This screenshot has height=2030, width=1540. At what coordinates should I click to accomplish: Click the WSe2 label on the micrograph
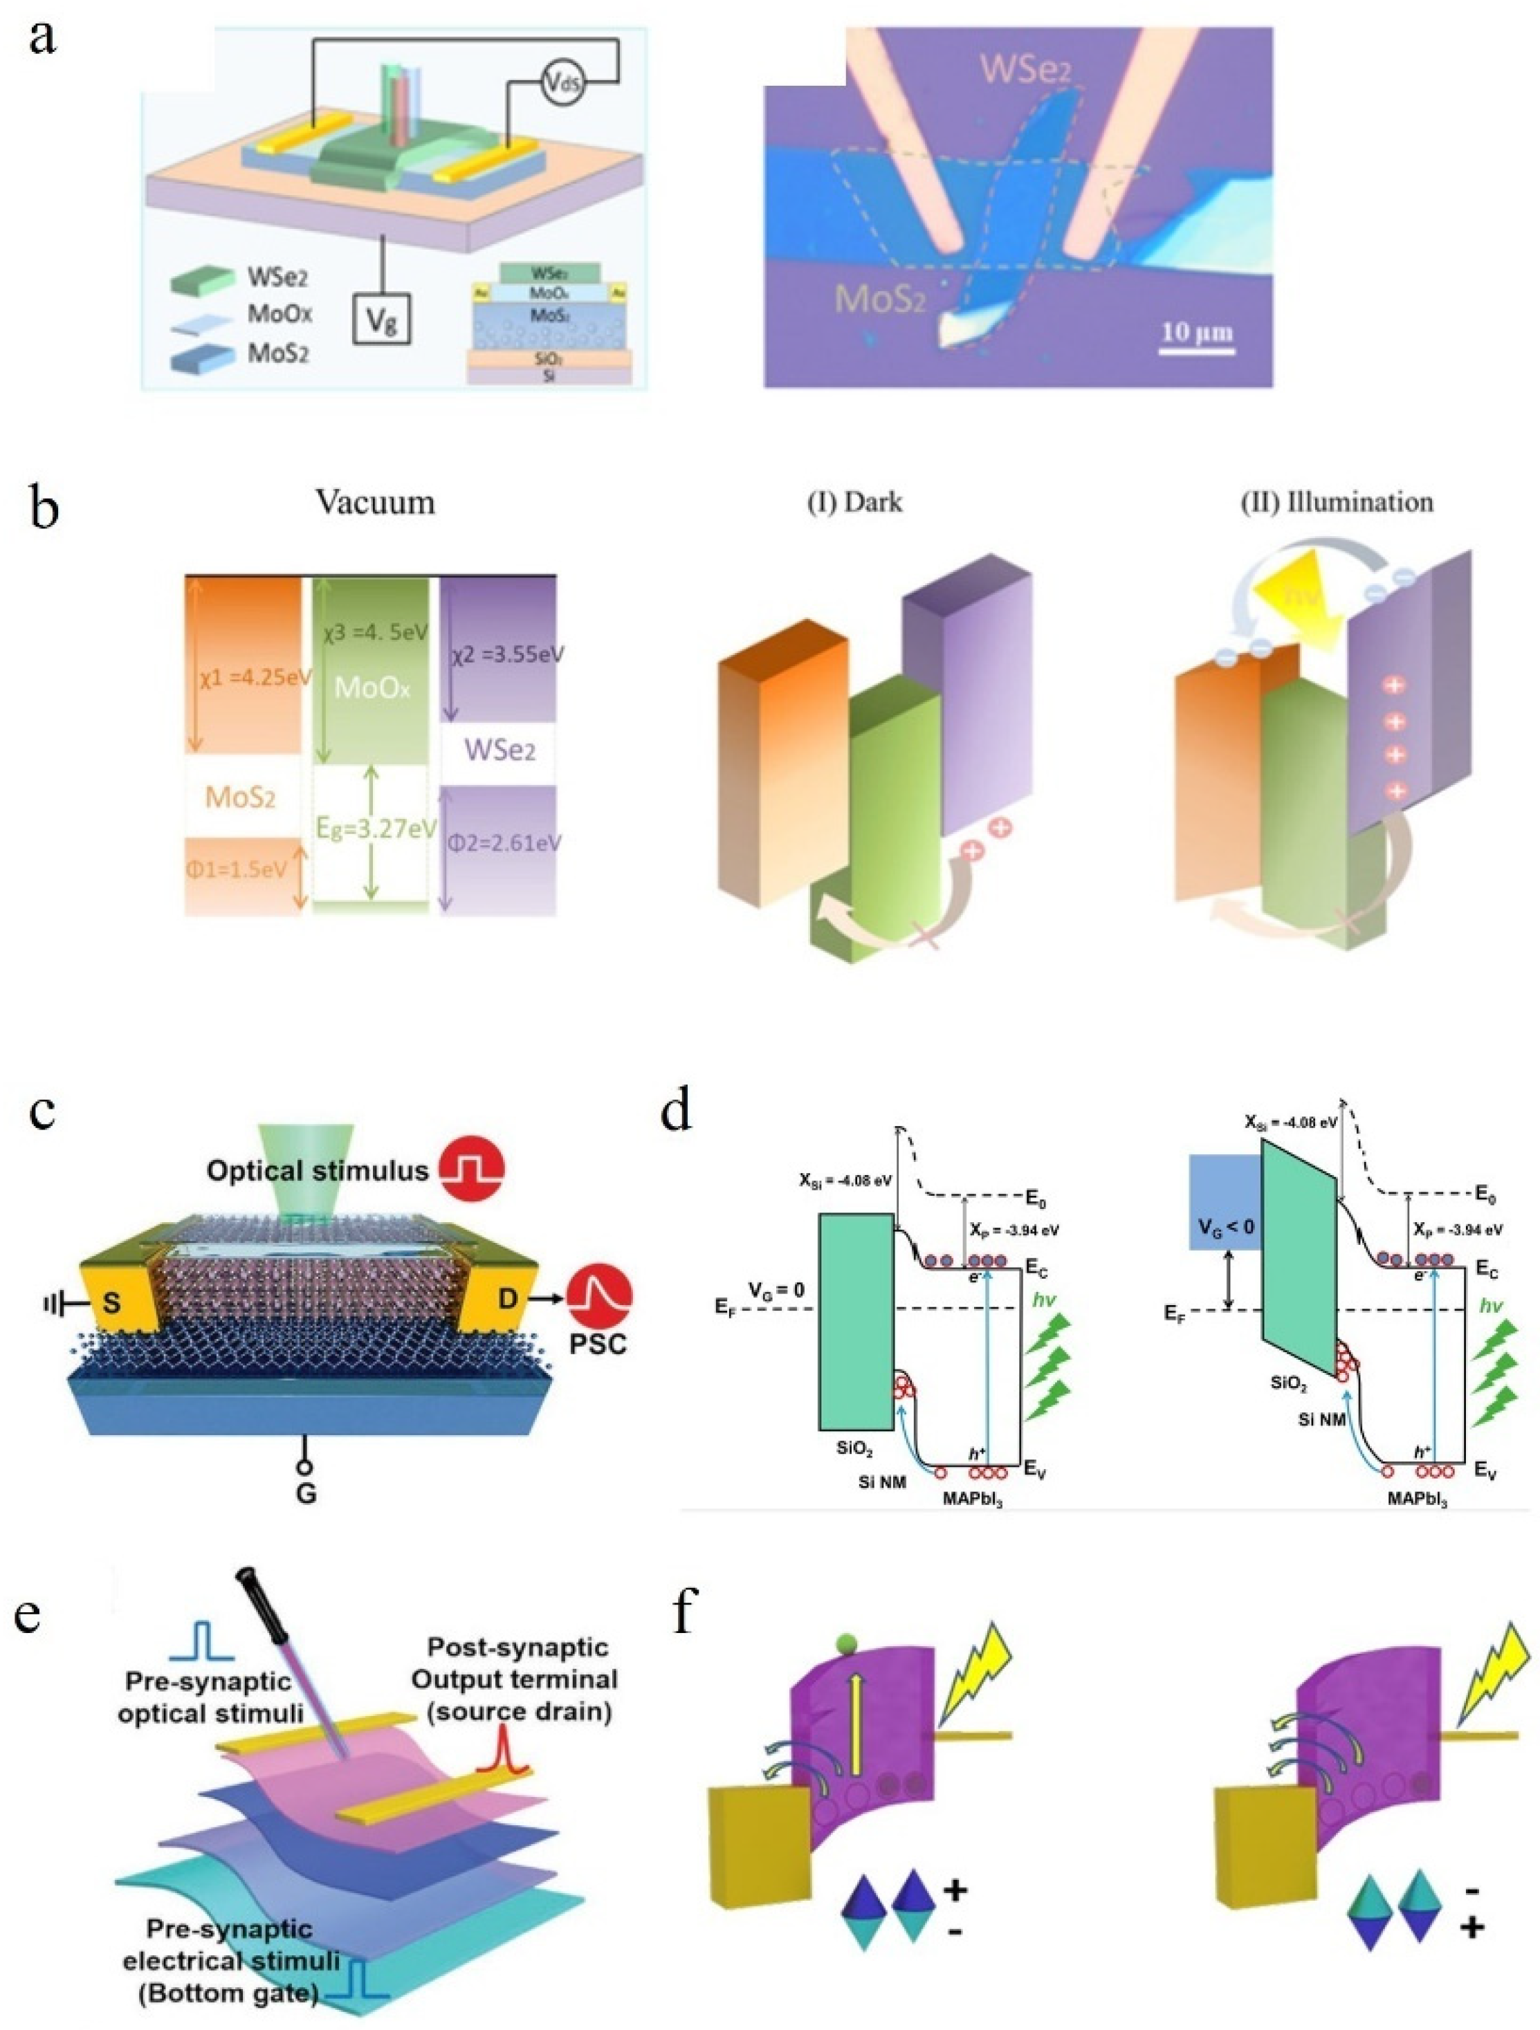[x=1024, y=66]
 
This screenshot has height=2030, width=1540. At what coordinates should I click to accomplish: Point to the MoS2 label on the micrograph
[x=879, y=297]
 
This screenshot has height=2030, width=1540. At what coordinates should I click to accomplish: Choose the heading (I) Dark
[x=854, y=502]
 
